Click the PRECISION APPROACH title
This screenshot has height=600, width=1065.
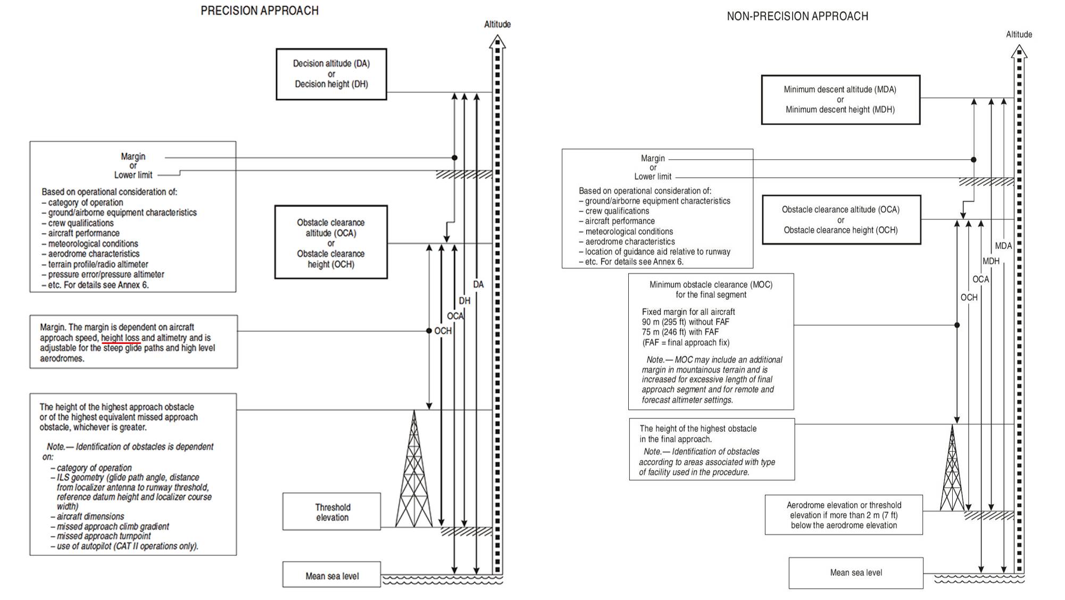(260, 11)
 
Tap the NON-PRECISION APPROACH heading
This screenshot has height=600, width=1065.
(797, 17)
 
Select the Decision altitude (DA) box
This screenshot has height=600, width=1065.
(331, 74)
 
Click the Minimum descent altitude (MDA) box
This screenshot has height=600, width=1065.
(841, 100)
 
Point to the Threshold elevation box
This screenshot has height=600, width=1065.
(332, 512)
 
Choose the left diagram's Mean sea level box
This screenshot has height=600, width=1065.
(332, 575)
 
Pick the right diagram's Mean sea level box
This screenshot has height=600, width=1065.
(856, 573)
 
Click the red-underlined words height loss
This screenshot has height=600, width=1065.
(120, 338)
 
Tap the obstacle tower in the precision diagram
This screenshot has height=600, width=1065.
(414, 469)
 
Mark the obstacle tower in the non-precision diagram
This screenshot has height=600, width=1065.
(952, 467)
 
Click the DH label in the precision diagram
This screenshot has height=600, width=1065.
(465, 301)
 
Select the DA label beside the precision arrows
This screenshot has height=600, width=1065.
(479, 284)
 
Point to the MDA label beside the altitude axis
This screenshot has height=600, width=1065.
(1004, 246)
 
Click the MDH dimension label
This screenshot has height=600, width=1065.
(991, 261)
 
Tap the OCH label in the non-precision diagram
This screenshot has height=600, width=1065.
(969, 298)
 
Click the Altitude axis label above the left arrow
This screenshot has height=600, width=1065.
(497, 24)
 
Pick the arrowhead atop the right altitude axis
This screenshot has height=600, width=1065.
(1019, 51)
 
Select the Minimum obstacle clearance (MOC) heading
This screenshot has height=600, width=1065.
(711, 290)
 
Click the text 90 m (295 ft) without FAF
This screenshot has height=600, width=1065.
(686, 322)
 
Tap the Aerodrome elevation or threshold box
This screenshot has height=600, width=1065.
(844, 515)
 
